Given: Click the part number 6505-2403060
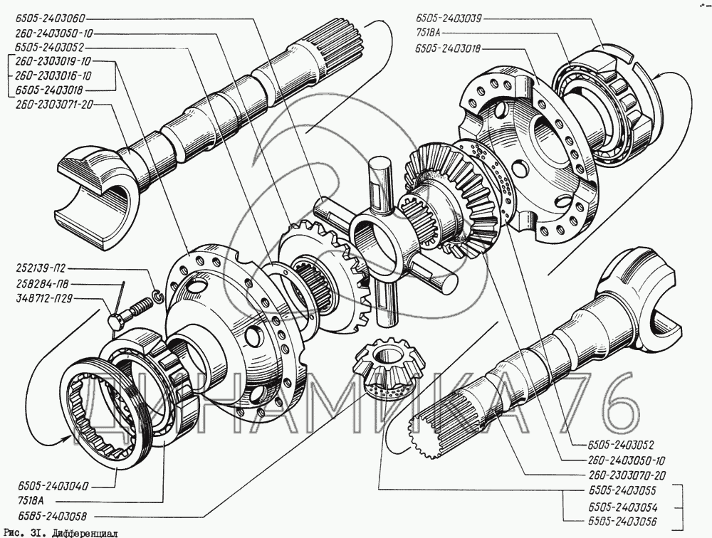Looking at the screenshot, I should [49, 20].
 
